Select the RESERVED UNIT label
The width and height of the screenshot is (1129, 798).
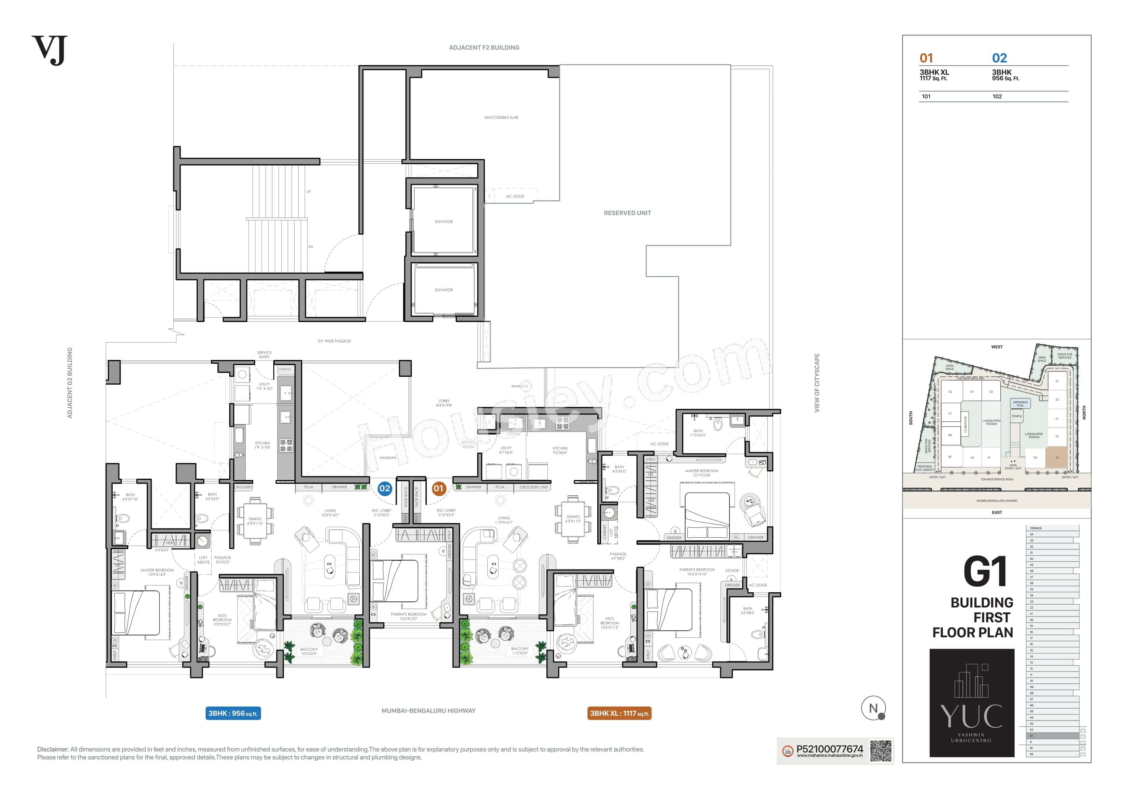[627, 213]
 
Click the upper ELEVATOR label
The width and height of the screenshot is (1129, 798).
[444, 222]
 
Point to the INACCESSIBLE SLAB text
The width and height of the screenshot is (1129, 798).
[501, 117]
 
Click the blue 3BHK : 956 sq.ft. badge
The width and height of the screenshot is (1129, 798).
[233, 713]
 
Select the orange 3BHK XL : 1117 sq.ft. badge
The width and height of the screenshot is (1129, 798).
[619, 713]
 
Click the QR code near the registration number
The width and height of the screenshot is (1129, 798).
[881, 751]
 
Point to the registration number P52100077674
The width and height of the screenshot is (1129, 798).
[830, 749]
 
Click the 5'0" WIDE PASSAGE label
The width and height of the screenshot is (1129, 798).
[334, 341]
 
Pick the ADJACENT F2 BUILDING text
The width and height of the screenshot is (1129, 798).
[484, 48]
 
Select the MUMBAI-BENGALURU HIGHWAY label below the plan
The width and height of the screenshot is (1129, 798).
[428, 710]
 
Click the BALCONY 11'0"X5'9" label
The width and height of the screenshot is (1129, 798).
[520, 651]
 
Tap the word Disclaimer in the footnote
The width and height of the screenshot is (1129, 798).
[53, 749]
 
